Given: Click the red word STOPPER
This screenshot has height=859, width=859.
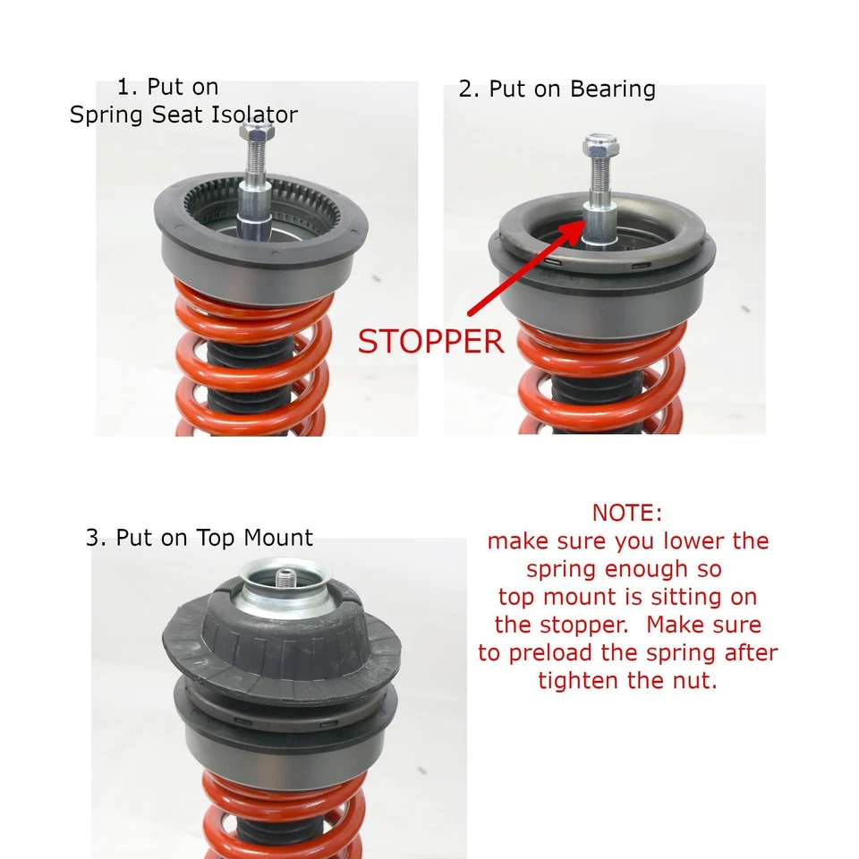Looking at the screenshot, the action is (x=430, y=341).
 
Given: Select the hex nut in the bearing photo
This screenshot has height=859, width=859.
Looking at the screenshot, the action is (x=600, y=145).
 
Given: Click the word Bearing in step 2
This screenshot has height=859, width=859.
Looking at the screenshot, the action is (x=612, y=89).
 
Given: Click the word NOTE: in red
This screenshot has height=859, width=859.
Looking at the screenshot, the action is (x=627, y=513).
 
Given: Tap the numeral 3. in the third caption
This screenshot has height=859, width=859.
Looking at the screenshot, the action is (x=97, y=538).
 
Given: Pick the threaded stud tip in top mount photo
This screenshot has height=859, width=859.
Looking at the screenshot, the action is (x=284, y=576).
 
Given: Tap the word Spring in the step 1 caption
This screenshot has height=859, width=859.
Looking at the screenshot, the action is (x=106, y=115).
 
